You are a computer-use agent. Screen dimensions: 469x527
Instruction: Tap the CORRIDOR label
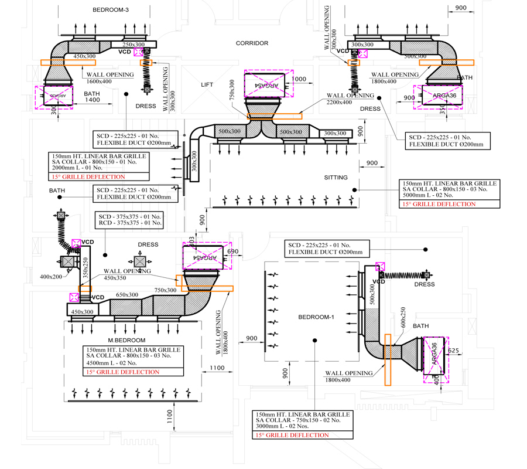click(252, 43)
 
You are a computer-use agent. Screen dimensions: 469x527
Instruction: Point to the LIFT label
click(207, 85)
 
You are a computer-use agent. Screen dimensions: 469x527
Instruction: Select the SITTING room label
click(336, 177)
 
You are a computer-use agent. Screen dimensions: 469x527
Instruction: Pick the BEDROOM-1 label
click(316, 317)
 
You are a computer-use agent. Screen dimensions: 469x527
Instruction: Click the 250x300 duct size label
click(134, 45)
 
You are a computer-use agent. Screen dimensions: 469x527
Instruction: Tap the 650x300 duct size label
click(127, 295)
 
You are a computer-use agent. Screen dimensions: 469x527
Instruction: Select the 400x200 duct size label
click(50, 276)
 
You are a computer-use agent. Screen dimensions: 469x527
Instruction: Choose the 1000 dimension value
click(299, 79)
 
